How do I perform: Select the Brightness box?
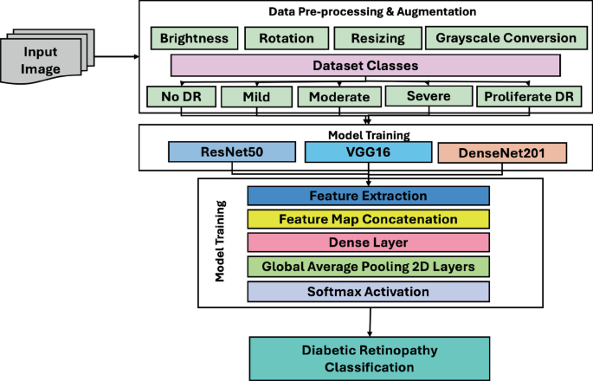click(193, 38)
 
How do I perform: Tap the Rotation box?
click(285, 38)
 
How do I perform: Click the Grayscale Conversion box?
click(506, 38)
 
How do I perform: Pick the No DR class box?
click(181, 96)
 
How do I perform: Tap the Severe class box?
click(428, 95)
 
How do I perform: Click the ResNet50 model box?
click(232, 153)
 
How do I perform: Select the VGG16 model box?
click(368, 153)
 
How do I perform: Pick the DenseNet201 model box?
click(502, 153)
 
